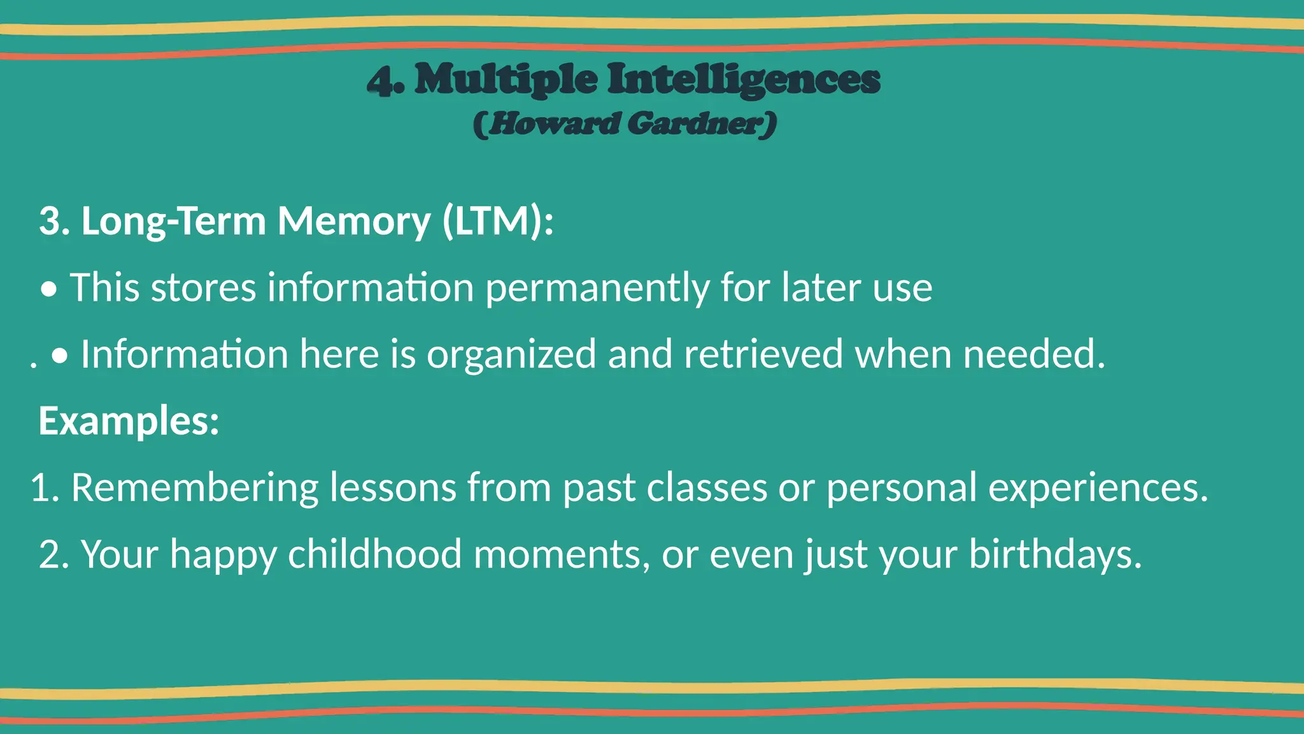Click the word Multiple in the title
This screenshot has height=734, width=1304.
tap(506, 80)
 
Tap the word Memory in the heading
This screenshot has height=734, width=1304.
tap(354, 221)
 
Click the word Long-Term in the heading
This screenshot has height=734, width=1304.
tap(173, 221)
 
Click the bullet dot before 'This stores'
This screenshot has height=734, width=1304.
tap(49, 291)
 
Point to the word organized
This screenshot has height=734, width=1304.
tap(511, 354)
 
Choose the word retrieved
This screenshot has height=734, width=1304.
tap(763, 354)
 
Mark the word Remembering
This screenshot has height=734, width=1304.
tap(194, 488)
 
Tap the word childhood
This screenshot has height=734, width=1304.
tap(375, 554)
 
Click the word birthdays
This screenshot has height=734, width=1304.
tap(1055, 554)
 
